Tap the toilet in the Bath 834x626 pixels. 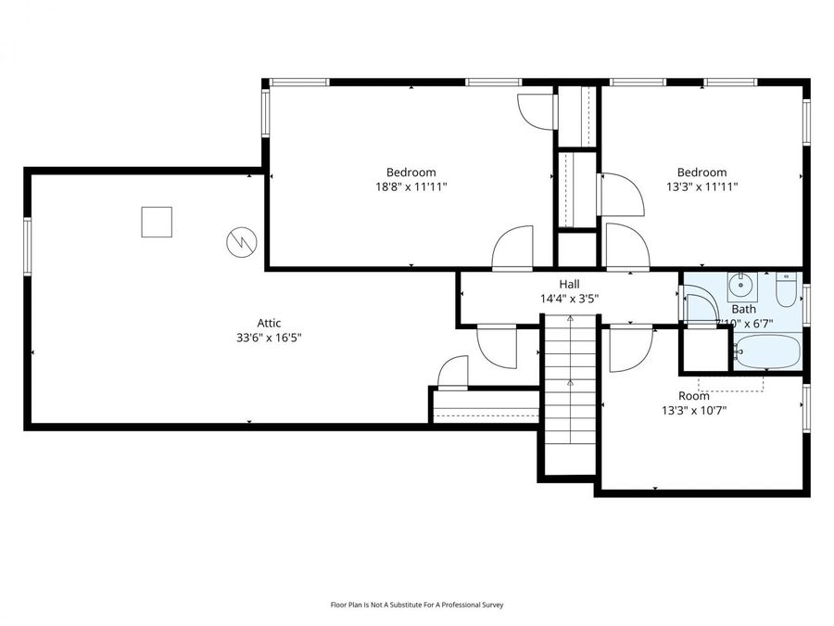(785, 290)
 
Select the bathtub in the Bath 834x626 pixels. (765, 352)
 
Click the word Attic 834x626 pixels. (269, 323)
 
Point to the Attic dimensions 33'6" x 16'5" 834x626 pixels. (269, 338)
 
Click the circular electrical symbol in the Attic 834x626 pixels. (240, 243)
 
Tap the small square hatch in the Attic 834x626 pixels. (157, 222)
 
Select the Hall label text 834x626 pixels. (569, 284)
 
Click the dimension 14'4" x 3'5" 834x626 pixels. (569, 299)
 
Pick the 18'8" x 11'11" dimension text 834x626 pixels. (411, 186)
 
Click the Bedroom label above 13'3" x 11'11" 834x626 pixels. (701, 172)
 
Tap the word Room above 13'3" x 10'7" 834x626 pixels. (693, 395)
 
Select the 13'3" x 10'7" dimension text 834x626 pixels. (693, 410)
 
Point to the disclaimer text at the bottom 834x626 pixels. (417, 605)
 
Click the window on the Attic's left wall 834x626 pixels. (28, 246)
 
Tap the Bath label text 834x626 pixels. (743, 309)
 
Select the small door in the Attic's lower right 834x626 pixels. (453, 372)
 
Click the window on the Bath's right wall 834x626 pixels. (806, 306)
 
